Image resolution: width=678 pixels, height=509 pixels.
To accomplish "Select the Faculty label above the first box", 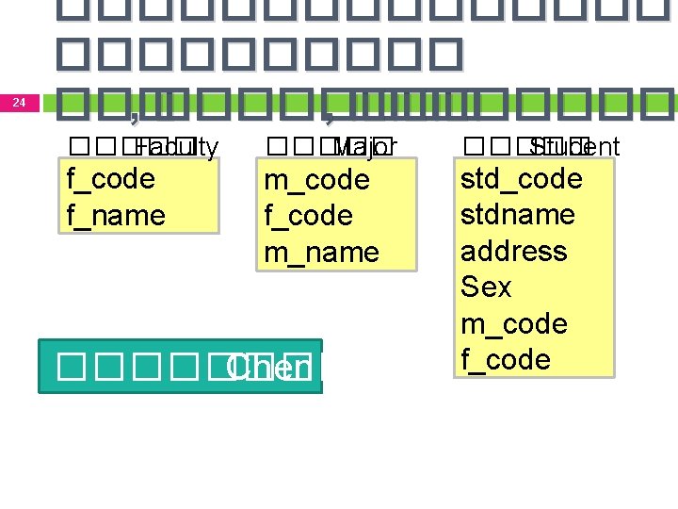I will click(176, 147).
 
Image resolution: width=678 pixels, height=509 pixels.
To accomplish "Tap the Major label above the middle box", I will click(365, 147).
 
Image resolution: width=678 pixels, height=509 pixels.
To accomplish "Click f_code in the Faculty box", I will click(110, 179).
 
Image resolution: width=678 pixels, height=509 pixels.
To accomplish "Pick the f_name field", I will click(116, 216).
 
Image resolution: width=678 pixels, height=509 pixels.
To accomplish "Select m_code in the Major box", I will click(316, 179).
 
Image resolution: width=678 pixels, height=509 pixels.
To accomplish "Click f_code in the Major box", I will click(308, 216).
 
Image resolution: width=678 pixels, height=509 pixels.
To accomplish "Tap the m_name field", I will click(321, 253).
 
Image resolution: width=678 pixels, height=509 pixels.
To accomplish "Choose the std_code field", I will click(521, 178).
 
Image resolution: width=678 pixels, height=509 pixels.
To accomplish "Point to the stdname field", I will click(517, 215).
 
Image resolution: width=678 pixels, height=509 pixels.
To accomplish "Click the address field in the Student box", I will click(513, 251).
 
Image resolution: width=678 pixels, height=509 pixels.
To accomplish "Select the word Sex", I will click(486, 287).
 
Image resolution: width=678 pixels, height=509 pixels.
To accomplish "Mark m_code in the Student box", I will click(513, 323).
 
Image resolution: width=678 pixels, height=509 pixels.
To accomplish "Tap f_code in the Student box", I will click(506, 359).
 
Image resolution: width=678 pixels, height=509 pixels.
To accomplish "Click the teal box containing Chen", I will click(180, 367).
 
